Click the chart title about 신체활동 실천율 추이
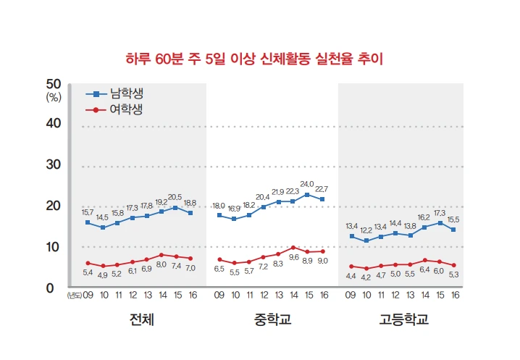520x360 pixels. [253, 57]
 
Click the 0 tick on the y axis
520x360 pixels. [51, 289]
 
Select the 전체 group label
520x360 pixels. [141, 319]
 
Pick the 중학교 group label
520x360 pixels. [272, 319]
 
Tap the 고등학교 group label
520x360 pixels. [403, 319]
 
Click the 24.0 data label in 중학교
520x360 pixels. [307, 184]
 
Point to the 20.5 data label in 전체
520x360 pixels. [175, 197]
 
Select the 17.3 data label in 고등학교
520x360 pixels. [439, 213]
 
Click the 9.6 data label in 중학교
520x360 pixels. [293, 257]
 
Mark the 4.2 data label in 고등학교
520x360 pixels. [366, 277]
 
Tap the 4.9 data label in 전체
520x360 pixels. [102, 275]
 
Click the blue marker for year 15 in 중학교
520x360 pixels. [307, 195]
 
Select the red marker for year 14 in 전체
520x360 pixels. [161, 255]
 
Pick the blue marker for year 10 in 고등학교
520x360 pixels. [366, 240]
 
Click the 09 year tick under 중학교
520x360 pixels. [219, 295]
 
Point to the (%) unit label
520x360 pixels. [54, 96]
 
